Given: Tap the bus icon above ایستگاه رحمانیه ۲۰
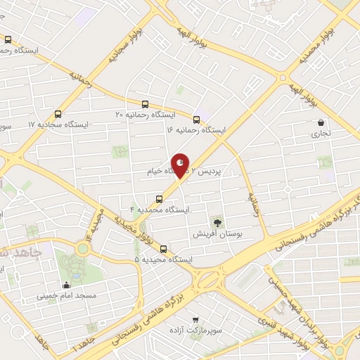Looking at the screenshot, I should (145, 103).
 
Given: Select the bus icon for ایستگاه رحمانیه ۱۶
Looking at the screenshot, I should (196, 120).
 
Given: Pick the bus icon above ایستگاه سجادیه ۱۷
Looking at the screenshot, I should (58, 113).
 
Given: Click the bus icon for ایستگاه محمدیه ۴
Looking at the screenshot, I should (159, 199).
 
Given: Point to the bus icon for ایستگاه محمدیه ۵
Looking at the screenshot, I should (164, 248).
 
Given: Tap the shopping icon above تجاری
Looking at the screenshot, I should (320, 122).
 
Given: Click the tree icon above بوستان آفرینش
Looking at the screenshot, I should (217, 222).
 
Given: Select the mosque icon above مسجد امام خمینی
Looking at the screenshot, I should (67, 285).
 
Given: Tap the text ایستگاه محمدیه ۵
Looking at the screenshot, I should (164, 259).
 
